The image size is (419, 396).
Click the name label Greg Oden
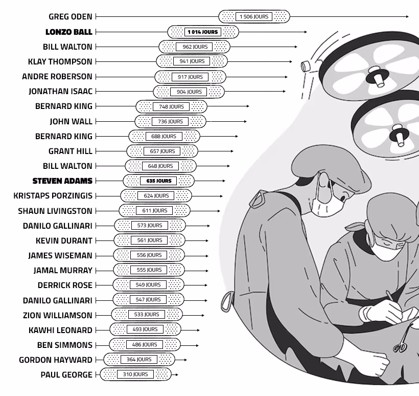point(71,16)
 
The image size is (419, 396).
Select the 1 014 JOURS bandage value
point(203,32)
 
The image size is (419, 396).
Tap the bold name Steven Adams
point(62,181)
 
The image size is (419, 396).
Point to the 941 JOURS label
point(192,61)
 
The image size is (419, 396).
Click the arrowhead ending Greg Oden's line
point(407,16)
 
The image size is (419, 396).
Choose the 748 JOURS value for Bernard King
point(171,106)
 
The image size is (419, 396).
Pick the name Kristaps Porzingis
point(53,196)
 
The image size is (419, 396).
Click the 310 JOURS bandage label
point(135,374)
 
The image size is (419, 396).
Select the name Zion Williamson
point(57,315)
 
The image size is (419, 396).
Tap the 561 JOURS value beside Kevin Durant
point(149,240)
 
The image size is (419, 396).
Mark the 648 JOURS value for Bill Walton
point(160,166)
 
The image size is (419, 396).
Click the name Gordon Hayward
point(56,360)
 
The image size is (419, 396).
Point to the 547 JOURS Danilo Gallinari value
point(148,299)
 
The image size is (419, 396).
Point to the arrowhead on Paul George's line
point(177,375)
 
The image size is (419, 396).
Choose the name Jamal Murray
point(63,271)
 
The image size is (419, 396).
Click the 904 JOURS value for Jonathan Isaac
point(189,92)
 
